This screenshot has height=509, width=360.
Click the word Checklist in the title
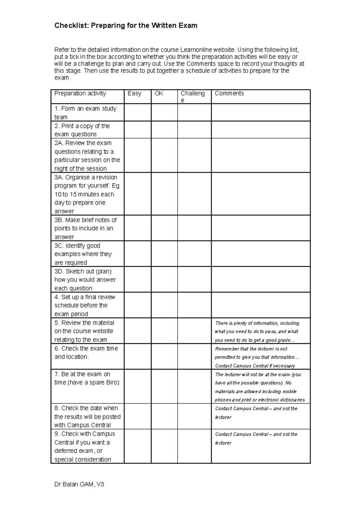click(x=71, y=26)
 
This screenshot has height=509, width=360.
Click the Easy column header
click(x=134, y=94)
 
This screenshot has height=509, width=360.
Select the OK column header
click(x=159, y=94)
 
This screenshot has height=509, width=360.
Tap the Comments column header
click(x=229, y=94)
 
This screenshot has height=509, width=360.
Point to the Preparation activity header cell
click(x=80, y=94)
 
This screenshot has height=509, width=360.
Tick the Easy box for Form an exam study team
click(x=137, y=112)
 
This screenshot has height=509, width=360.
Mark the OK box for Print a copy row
click(x=164, y=130)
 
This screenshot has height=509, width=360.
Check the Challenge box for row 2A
click(x=194, y=155)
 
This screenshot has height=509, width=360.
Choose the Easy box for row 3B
click(x=137, y=228)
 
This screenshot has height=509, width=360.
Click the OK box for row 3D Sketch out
click(x=164, y=279)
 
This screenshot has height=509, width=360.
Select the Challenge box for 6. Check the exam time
click(x=194, y=356)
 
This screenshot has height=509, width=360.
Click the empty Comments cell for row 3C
click(x=260, y=254)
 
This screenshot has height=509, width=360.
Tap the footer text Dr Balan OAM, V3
click(x=79, y=484)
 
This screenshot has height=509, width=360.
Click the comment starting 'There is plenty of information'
click(x=257, y=332)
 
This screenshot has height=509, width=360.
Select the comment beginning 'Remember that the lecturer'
click(x=257, y=357)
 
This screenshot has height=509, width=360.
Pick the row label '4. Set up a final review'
click(x=85, y=305)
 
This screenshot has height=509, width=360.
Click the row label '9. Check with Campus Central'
click(x=85, y=446)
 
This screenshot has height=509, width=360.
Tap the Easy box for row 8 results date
click(x=137, y=416)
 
